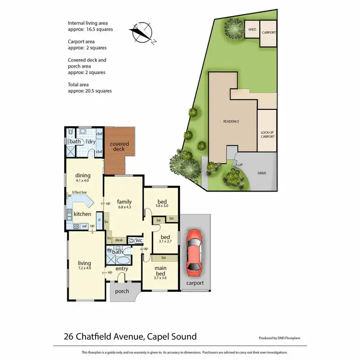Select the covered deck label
click(119, 146)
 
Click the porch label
click(122, 291)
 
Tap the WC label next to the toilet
click(139, 240)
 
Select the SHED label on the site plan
click(252, 30)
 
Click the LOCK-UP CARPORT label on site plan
click(267, 134)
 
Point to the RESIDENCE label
click(231, 121)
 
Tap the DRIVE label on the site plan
click(261, 173)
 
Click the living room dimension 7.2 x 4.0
click(84, 268)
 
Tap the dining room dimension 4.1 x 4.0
click(83, 181)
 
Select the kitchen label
click(83, 214)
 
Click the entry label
click(122, 268)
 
